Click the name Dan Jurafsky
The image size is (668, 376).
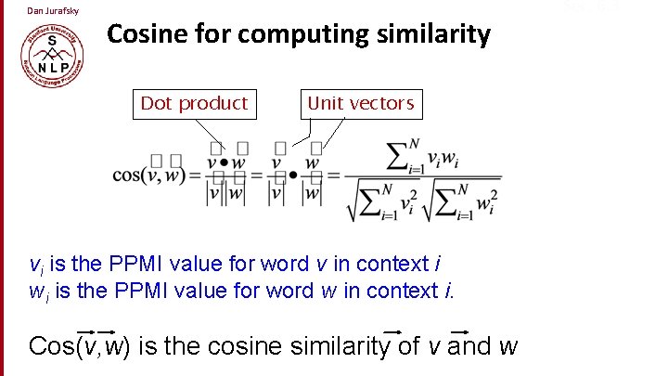pyautogui.click(x=53, y=11)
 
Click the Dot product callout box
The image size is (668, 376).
pyautogui.click(x=194, y=103)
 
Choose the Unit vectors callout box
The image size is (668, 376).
pyautogui.click(x=360, y=103)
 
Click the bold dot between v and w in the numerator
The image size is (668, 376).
pyautogui.click(x=224, y=163)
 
